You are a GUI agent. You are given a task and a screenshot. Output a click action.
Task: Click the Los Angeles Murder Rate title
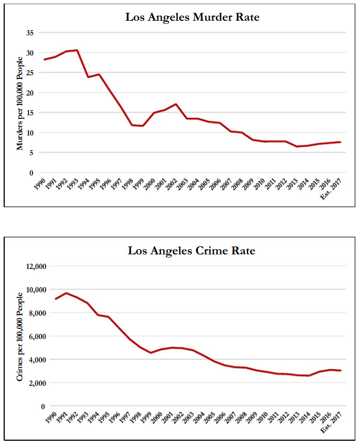pos(192,17)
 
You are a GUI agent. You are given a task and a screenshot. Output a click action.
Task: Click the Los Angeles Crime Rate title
pos(192,251)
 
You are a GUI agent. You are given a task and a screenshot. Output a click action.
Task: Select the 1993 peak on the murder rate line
pos(77,50)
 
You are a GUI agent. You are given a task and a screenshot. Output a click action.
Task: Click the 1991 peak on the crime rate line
pos(66,293)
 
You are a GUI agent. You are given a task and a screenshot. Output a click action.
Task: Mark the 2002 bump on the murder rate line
pos(176,104)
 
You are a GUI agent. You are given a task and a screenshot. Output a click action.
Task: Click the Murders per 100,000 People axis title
pos(20,103)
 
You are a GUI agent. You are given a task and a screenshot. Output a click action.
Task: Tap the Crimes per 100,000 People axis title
pos(20,336)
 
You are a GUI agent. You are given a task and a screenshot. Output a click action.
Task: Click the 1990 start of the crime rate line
pos(55,299)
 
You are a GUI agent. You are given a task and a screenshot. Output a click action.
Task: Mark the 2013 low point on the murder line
pos(297,146)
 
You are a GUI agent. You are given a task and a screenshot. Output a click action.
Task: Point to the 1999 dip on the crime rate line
pos(150,353)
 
